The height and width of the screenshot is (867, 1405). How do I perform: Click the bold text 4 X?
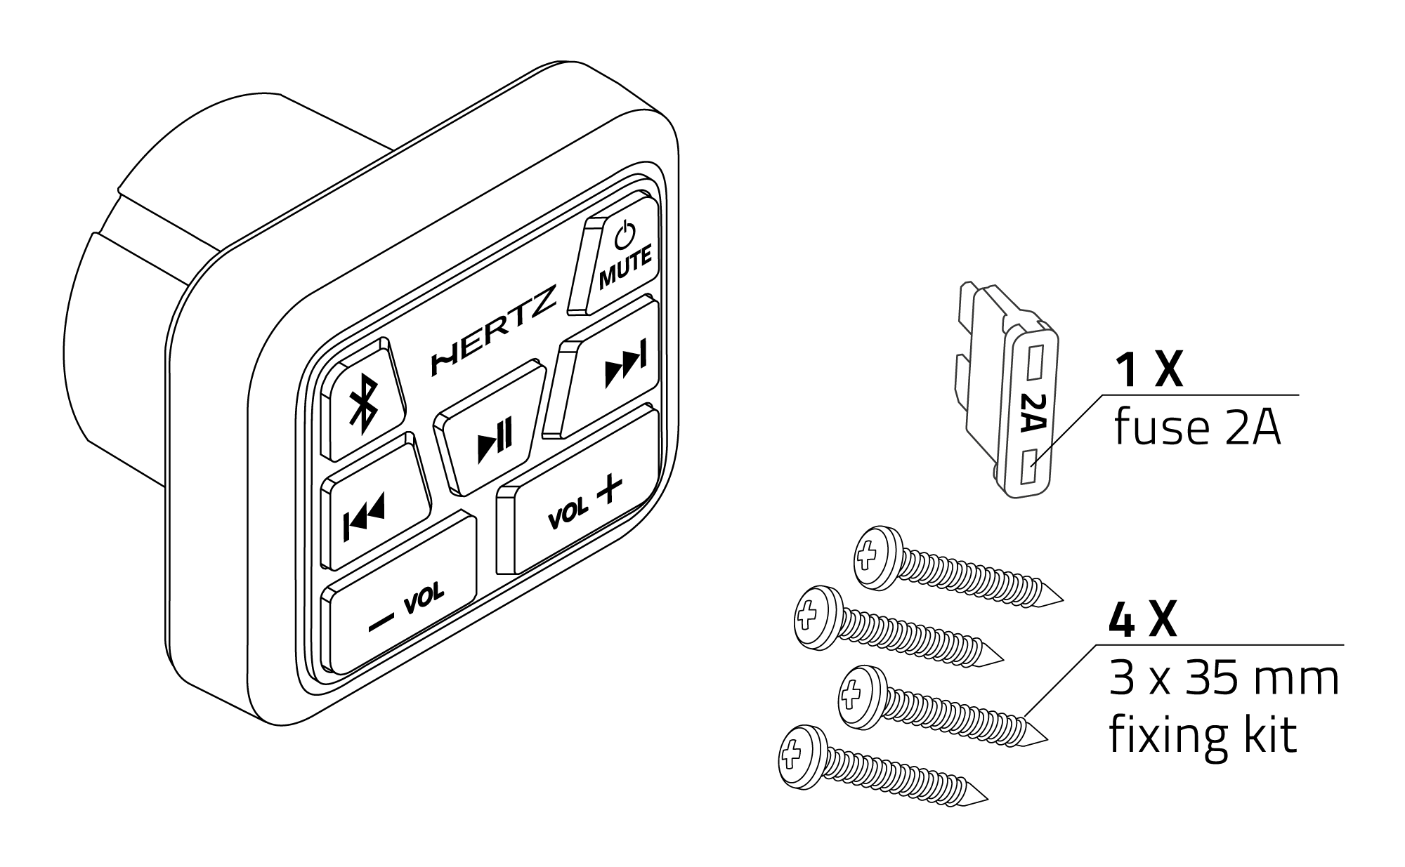pyautogui.click(x=1142, y=621)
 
